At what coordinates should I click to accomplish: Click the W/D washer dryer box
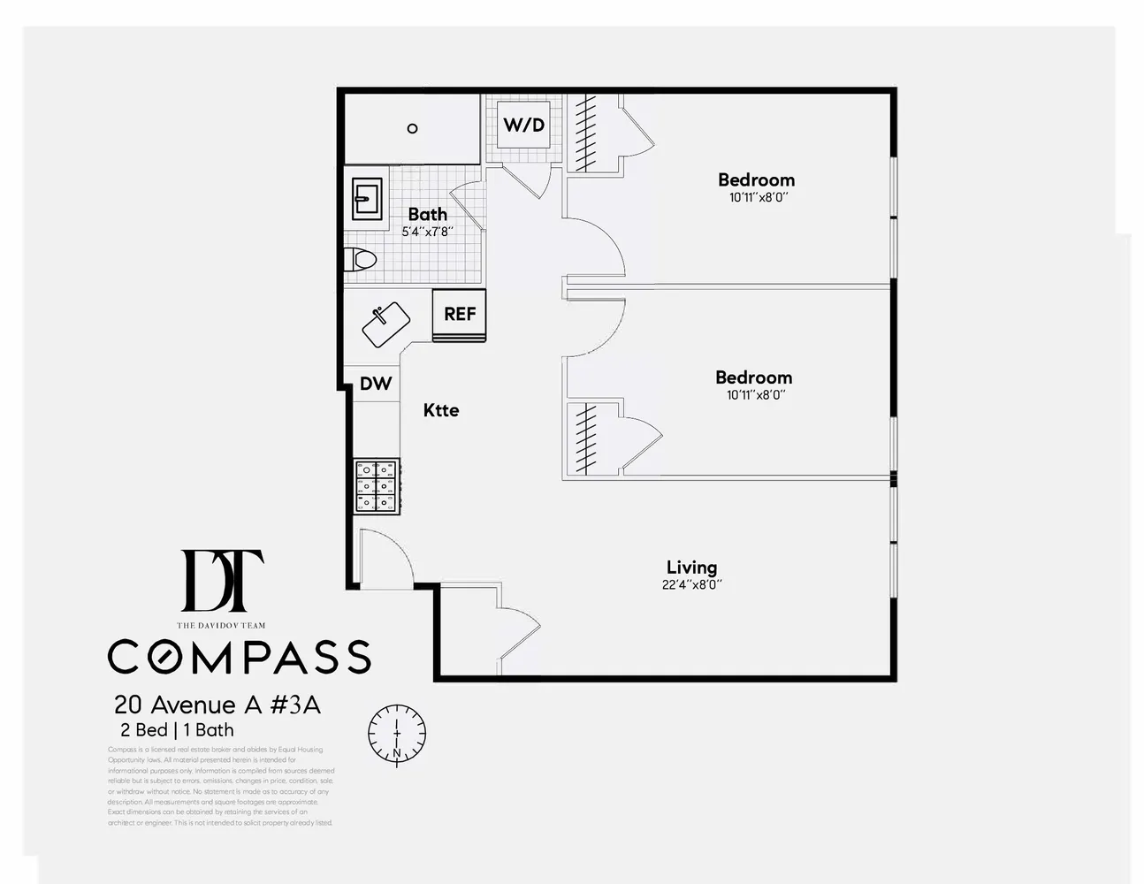tap(523, 125)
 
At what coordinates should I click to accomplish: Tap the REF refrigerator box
tap(459, 314)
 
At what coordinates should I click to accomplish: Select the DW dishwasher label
tap(376, 384)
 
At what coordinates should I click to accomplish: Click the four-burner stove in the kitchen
tap(377, 485)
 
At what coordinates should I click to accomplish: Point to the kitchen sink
tap(385, 324)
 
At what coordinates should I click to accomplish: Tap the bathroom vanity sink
tap(366, 199)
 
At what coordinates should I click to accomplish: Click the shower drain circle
tap(412, 128)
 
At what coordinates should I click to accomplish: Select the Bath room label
tap(427, 214)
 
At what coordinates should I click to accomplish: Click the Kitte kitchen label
tap(440, 410)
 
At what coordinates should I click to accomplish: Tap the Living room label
tap(691, 568)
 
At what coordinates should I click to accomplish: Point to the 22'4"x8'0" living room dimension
tap(691, 584)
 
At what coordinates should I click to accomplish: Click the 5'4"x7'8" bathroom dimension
tap(427, 232)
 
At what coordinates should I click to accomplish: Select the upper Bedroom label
tap(756, 180)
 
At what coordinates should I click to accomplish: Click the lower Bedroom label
tap(753, 377)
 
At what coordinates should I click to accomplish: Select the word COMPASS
tap(239, 657)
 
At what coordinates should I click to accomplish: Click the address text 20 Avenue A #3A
tap(217, 705)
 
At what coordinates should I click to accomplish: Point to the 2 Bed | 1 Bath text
tap(177, 730)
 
